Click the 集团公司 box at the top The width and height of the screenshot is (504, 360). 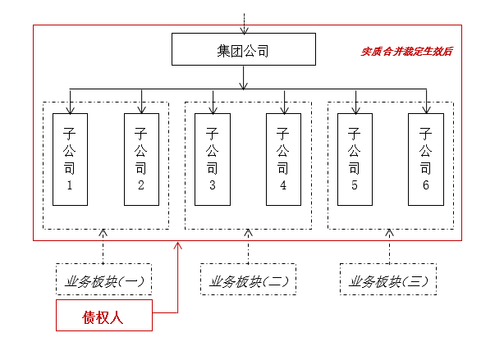pyautogui.click(x=243, y=49)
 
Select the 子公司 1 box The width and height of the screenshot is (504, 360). pyautogui.click(x=70, y=159)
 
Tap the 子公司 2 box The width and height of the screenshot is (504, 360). pyautogui.click(x=141, y=159)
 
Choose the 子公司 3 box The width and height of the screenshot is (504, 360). pyautogui.click(x=213, y=159)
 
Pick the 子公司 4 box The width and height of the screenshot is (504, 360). pyautogui.click(x=283, y=159)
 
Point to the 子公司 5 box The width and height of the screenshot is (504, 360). pyautogui.click(x=355, y=159)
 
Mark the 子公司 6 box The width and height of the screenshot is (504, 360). pyautogui.click(x=425, y=159)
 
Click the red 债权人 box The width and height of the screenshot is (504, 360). pyautogui.click(x=103, y=316)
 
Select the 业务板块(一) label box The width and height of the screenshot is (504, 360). pyautogui.click(x=103, y=280)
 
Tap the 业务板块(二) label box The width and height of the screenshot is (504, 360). pyautogui.click(x=248, y=280)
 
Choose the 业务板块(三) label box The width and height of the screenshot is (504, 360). pyautogui.click(x=388, y=280)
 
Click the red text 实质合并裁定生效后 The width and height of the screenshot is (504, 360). pyautogui.click(x=407, y=51)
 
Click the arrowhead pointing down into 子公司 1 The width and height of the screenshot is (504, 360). pyautogui.click(x=70, y=108)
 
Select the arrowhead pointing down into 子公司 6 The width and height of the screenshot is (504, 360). pyautogui.click(x=425, y=108)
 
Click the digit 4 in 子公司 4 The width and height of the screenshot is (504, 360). pyautogui.click(x=283, y=186)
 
